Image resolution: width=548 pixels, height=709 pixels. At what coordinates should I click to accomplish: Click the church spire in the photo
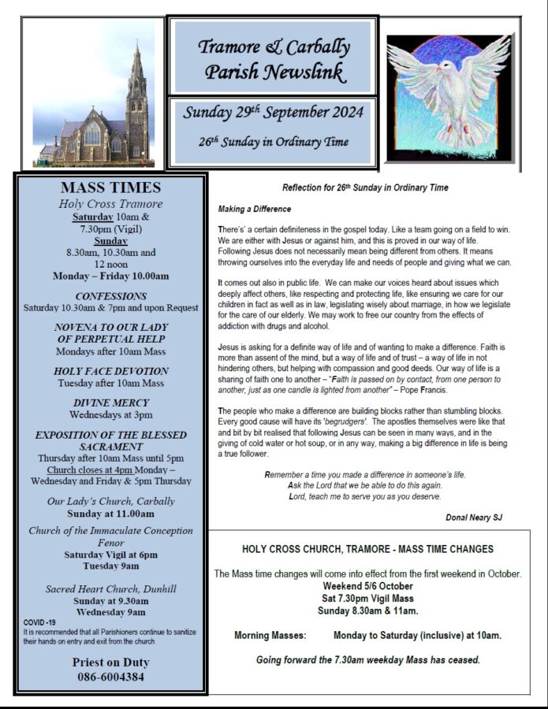[138, 71]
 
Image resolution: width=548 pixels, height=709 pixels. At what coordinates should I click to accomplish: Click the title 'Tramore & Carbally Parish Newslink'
[274, 59]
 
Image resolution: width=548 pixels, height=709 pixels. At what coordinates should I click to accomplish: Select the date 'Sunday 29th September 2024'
[274, 112]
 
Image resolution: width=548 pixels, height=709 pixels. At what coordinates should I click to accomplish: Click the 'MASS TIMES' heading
[110, 187]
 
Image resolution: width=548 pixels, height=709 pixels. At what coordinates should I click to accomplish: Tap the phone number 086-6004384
[110, 677]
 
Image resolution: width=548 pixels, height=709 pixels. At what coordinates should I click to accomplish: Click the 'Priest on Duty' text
[110, 662]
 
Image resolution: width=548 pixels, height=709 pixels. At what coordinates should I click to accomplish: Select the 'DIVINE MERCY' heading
[110, 402]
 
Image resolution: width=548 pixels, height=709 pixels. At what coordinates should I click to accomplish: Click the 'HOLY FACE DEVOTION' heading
[110, 370]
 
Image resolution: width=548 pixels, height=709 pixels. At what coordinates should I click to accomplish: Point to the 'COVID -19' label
[39, 622]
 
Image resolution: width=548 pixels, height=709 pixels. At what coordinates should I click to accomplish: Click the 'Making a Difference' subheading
[255, 209]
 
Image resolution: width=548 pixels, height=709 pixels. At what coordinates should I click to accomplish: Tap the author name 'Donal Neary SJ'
[474, 518]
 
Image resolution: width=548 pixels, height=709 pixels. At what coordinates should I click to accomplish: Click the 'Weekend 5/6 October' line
[368, 586]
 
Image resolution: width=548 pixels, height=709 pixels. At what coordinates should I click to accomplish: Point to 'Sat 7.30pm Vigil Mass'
[368, 598]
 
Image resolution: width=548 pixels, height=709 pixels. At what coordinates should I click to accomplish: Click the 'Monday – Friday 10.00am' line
[110, 276]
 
